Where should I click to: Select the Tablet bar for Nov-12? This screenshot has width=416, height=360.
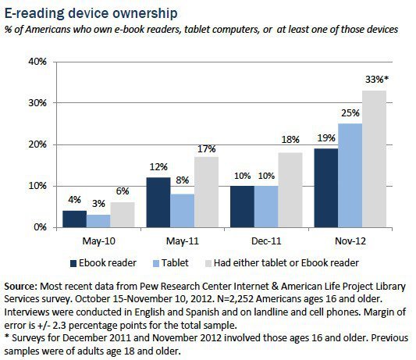click(x=350, y=175)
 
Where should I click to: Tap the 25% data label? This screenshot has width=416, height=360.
click(x=350, y=114)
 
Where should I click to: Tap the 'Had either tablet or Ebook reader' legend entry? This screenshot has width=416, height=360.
click(x=290, y=262)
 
